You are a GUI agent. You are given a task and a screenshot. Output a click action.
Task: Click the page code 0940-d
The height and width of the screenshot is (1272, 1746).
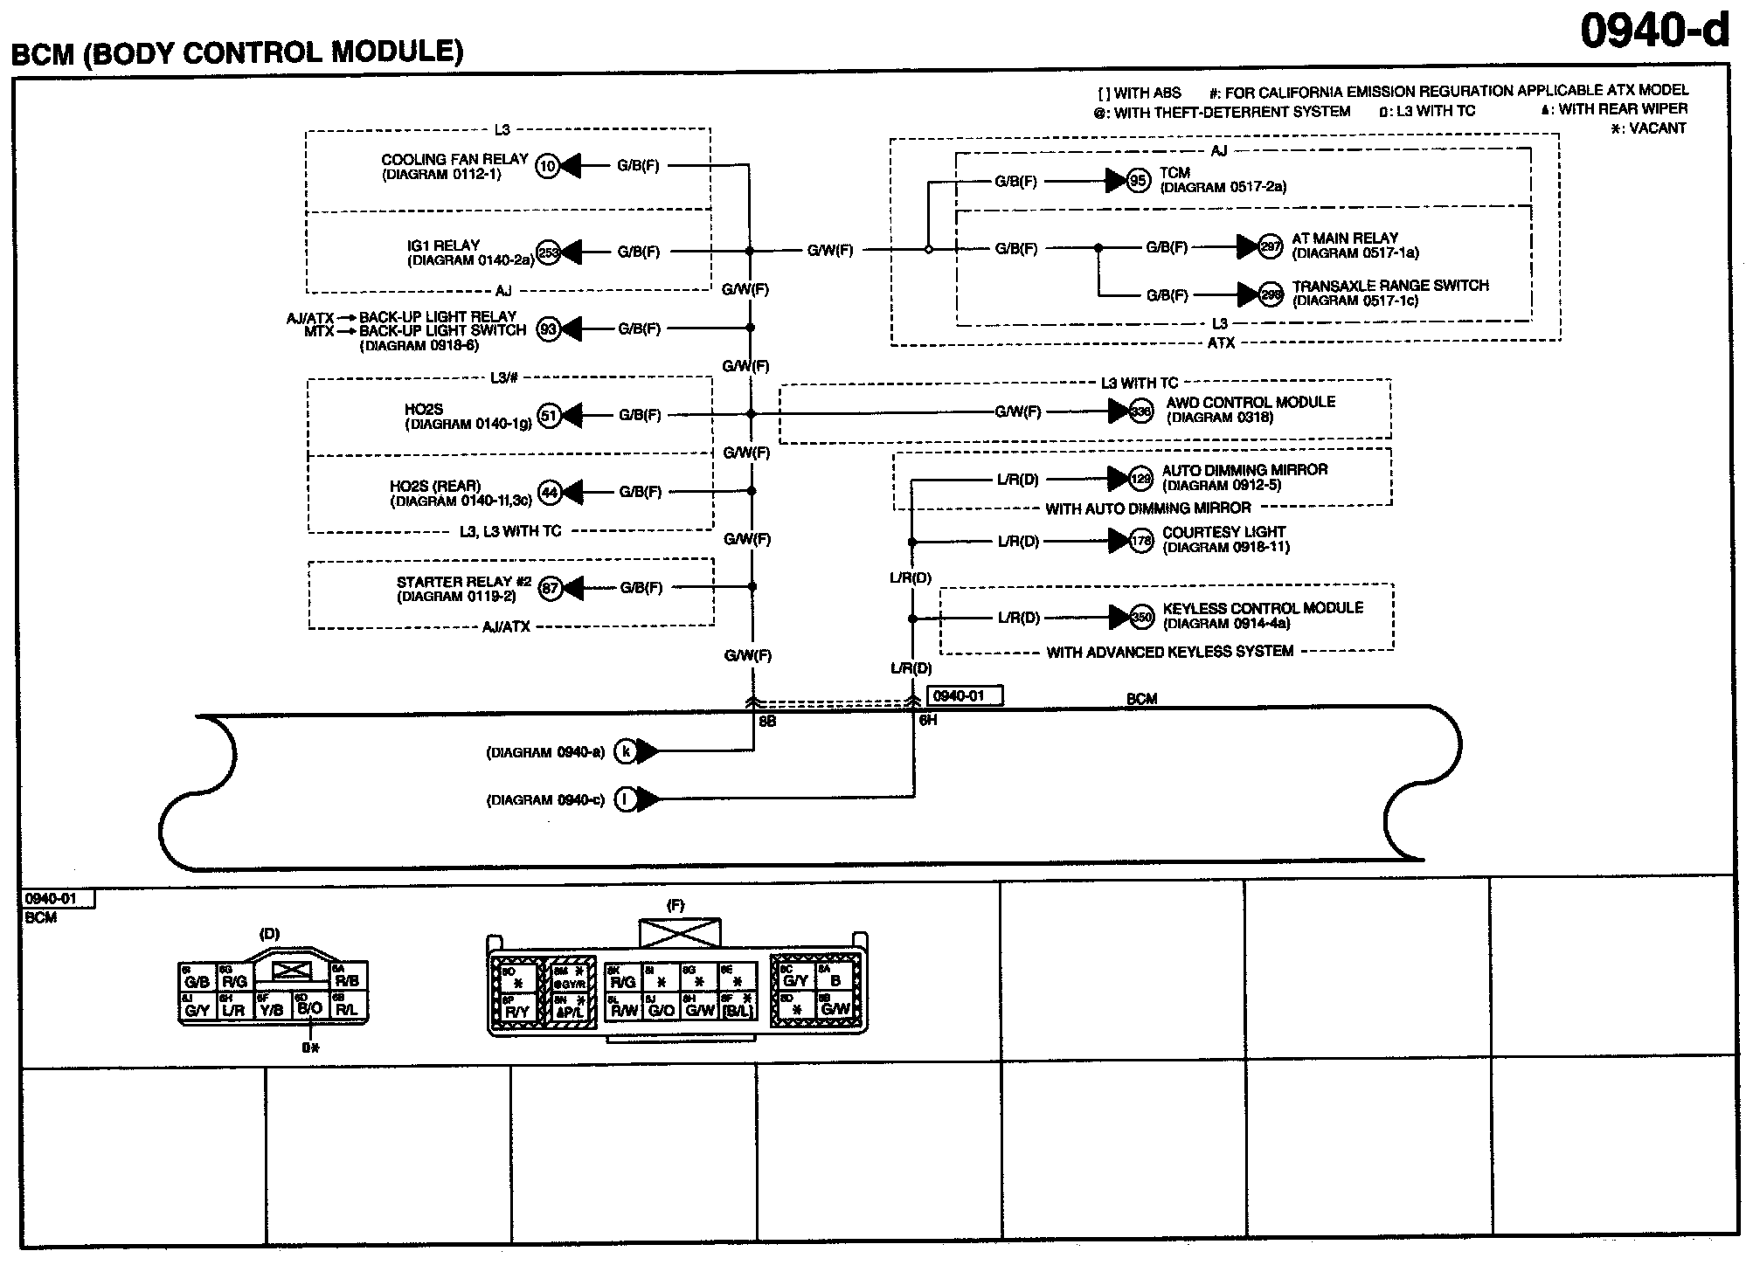1654,31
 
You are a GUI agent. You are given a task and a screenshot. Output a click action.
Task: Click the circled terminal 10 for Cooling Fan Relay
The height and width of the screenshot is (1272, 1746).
547,165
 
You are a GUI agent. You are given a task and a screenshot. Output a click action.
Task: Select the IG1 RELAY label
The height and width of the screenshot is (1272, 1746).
444,245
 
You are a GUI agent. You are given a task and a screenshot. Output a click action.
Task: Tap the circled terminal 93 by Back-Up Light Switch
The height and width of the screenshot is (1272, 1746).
548,329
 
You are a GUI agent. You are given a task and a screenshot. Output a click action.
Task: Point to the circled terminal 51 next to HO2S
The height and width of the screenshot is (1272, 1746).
548,415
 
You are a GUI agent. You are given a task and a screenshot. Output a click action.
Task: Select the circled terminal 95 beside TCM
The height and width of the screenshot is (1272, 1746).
1138,181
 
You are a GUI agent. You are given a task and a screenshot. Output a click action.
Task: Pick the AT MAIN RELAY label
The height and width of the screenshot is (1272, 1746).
1345,238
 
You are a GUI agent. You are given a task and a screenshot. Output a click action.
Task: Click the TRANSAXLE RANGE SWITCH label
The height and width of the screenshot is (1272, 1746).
1390,286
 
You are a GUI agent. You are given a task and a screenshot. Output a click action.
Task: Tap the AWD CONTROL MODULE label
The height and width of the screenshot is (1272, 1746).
1251,402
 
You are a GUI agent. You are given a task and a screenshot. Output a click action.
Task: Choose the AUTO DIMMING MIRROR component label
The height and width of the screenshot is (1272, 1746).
1244,470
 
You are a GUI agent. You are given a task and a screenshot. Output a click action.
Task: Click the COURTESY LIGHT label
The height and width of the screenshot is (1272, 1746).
1223,532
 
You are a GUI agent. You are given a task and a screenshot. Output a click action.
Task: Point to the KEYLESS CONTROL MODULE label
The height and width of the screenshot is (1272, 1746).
1263,608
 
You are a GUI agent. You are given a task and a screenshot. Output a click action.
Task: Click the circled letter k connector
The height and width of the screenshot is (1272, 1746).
626,751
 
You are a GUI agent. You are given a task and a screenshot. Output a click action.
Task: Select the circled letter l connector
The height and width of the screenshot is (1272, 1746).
626,799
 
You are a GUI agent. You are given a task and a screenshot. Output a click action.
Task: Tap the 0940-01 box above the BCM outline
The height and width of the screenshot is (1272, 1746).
966,696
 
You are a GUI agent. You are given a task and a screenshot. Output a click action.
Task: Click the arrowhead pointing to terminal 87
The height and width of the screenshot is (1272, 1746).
573,588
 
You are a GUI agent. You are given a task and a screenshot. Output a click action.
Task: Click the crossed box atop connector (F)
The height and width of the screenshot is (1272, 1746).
680,933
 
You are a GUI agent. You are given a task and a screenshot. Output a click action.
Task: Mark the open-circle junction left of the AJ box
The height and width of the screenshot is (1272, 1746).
928,250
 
